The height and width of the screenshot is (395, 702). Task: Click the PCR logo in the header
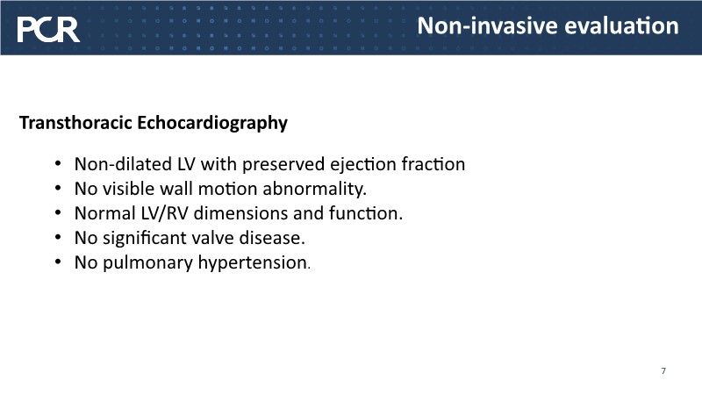pos(48,30)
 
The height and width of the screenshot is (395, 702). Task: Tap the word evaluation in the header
pos(621,25)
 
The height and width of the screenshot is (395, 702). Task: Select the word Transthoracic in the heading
pos(75,122)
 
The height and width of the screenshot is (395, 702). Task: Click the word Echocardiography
pos(212,123)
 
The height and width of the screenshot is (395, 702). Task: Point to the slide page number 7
pos(663,370)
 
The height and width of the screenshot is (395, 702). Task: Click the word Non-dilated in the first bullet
pos(123,164)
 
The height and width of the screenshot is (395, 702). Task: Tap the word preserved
pos(283,165)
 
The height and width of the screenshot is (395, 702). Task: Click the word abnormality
pos(314,189)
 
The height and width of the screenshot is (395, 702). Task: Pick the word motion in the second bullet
pos(228,189)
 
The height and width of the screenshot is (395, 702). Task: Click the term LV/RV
pos(164,213)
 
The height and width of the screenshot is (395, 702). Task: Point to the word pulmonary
pos(147,263)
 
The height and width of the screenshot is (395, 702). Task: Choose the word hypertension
pos(253,263)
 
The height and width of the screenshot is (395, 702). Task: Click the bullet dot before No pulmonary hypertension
pos(58,262)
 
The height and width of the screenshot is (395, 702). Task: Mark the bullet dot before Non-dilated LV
pos(58,163)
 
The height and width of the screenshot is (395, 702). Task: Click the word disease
pos(272,238)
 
